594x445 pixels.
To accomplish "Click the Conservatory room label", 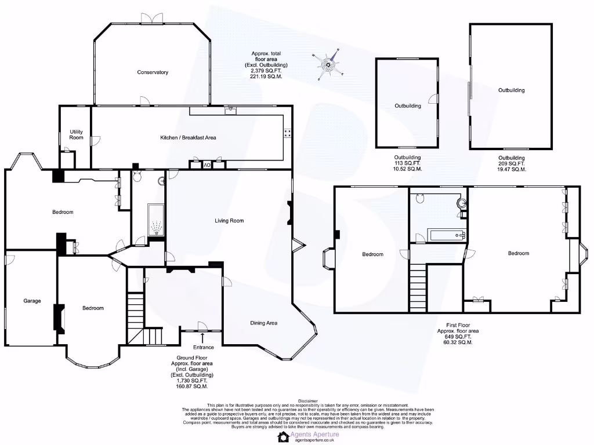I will click(x=153, y=72).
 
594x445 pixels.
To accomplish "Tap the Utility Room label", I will click(x=77, y=134).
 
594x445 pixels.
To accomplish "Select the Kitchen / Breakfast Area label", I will click(x=188, y=138).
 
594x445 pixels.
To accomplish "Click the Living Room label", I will click(x=229, y=221).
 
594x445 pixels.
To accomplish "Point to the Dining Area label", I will click(x=263, y=323).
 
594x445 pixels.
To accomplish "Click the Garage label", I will click(x=32, y=301).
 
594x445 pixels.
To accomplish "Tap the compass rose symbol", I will click(x=328, y=65).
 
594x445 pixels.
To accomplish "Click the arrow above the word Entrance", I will click(x=202, y=337).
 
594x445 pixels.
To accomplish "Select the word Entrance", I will click(x=202, y=347).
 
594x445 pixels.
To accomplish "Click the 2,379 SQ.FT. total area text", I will click(x=266, y=71).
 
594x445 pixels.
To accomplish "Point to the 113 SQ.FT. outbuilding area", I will click(x=408, y=163).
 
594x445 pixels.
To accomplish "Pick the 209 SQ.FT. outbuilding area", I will click(x=512, y=163).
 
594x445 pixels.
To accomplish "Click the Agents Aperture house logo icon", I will click(x=284, y=436).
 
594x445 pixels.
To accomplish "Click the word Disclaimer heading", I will click(x=308, y=400).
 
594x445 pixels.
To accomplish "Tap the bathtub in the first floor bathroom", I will click(x=447, y=235).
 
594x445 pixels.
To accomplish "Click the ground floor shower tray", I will click(x=156, y=221).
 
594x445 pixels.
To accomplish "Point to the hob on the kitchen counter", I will click(x=287, y=133).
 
